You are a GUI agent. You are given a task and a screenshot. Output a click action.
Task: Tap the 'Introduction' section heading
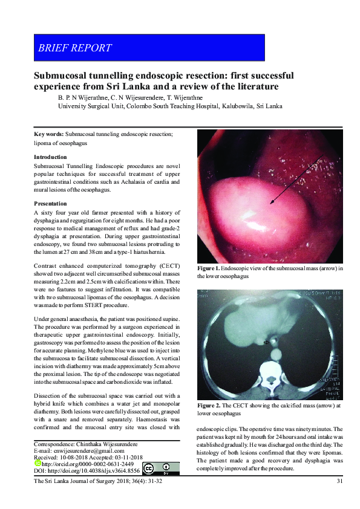tap(51, 157)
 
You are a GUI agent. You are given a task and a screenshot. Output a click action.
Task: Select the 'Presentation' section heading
tap(51, 204)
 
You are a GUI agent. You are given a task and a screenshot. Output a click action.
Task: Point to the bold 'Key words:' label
tap(48, 134)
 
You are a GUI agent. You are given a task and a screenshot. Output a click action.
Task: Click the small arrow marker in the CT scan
tap(266, 342)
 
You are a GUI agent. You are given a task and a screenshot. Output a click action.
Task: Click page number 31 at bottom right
tap(339, 481)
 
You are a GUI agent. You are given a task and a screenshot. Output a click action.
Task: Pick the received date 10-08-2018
tap(74, 457)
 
